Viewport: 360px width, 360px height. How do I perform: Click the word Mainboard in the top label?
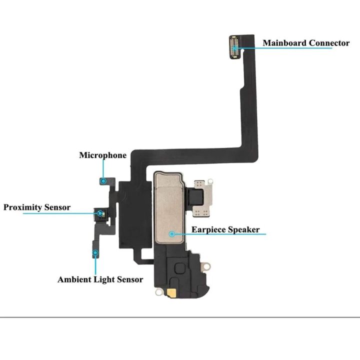click(x=284, y=43)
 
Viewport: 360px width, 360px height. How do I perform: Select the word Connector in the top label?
click(x=329, y=43)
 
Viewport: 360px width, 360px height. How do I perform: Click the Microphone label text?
click(x=102, y=155)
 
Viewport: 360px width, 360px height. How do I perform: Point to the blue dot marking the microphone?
click(x=103, y=181)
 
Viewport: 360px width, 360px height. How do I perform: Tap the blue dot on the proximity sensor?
click(x=101, y=213)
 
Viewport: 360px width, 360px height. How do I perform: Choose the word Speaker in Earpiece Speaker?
click(x=244, y=230)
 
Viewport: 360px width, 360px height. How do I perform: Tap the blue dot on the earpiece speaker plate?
click(x=172, y=233)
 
